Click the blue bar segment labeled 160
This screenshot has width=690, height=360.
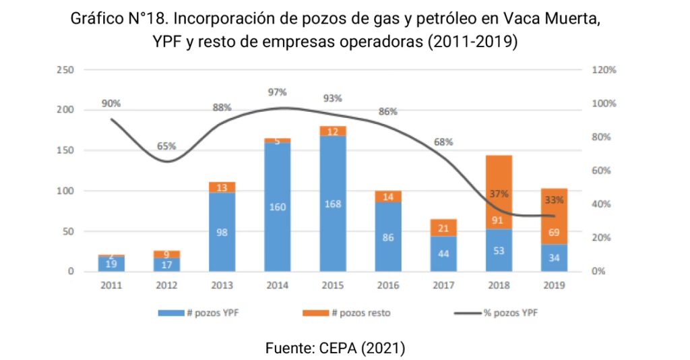277,207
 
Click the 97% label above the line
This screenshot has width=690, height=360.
277,92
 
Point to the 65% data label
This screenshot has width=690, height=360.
166,146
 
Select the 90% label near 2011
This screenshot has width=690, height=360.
111,104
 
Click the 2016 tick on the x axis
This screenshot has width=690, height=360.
387,286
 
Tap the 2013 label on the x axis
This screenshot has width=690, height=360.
222,286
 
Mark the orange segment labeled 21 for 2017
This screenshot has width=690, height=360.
443,228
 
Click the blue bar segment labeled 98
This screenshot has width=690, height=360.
222,232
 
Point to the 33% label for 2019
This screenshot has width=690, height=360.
554,200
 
